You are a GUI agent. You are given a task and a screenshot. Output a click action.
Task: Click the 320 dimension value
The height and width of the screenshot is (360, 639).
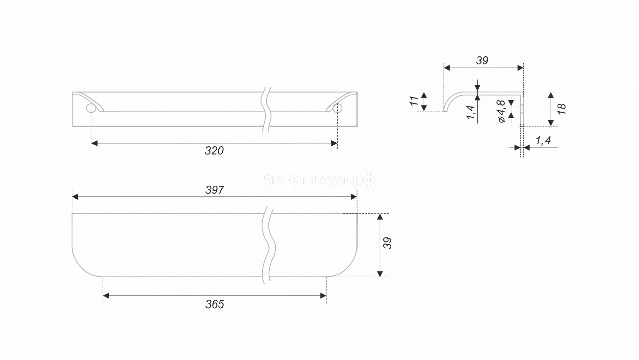(214, 151)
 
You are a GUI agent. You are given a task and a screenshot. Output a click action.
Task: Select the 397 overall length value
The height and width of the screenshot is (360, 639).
(215, 190)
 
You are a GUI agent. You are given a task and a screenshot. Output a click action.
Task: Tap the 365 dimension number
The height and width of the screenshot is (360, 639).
(215, 304)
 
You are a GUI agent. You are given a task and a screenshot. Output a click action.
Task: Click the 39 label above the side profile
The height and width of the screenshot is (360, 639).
(482, 61)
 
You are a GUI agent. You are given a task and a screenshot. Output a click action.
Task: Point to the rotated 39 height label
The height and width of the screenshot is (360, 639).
(388, 243)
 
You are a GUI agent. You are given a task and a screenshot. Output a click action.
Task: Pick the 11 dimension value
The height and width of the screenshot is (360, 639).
(414, 101)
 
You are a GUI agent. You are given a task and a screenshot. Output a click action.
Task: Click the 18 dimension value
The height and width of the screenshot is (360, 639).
(561, 109)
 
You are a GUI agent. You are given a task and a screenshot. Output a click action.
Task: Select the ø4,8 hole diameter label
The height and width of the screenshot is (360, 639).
(501, 111)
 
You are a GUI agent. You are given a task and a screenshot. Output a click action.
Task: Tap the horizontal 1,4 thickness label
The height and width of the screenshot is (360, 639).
(543, 140)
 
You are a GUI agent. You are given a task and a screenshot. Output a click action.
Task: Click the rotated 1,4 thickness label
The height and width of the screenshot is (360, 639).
(471, 112)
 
